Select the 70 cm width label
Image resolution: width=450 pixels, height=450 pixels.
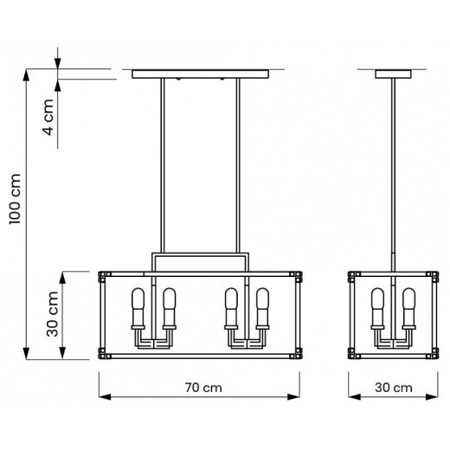[201, 389]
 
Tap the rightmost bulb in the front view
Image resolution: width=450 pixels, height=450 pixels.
[260, 306]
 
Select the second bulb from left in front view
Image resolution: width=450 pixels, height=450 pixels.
[168, 306]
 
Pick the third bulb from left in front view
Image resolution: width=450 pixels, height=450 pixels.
[231, 306]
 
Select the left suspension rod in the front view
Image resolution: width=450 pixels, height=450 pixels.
[163, 164]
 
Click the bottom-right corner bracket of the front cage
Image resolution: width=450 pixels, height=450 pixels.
[299, 353]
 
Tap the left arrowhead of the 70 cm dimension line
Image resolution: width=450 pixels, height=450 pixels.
[102, 397]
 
